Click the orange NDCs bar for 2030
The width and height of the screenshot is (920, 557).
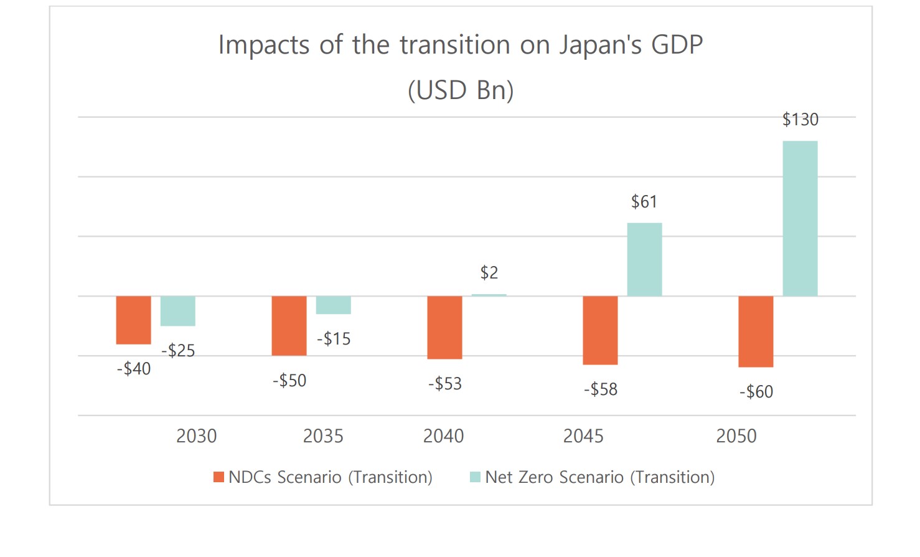133,320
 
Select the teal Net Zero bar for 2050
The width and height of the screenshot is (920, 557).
800,218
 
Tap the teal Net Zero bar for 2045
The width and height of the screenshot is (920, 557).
644,259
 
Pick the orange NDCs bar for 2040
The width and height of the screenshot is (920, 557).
444,327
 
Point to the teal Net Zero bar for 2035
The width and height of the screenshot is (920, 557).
333,305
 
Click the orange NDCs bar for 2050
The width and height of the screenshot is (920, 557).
756,331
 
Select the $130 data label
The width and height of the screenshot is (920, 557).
800,119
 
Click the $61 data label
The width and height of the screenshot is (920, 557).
644,201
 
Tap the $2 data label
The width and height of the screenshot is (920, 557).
489,272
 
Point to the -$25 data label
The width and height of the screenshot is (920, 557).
178,350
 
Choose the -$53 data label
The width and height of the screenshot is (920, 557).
444,383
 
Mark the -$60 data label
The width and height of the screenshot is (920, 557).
756,391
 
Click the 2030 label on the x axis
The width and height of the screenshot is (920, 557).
196,436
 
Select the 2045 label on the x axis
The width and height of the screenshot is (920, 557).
583,436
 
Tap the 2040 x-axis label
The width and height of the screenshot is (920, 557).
443,436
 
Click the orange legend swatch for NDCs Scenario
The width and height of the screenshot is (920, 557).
218,477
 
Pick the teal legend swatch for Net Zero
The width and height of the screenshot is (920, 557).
475,477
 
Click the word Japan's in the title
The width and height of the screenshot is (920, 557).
600,45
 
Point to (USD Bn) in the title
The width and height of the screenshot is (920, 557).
461,90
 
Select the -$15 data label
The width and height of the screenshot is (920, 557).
334,338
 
